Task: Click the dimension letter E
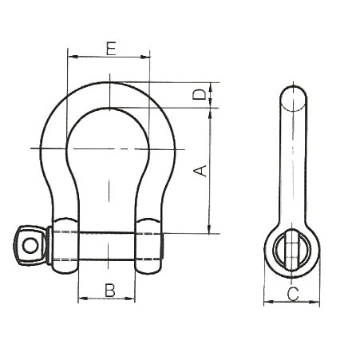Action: pyautogui.click(x=111, y=48)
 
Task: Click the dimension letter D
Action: pyautogui.click(x=200, y=94)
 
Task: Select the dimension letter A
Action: pyautogui.click(x=200, y=171)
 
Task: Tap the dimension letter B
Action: pyautogui.click(x=110, y=291)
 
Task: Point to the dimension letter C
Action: pyautogui.click(x=293, y=294)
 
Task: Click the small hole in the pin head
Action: pyautogui.click(x=30, y=246)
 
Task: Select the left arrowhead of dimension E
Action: pyautogui.click(x=73, y=57)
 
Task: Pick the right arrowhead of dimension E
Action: pyautogui.click(x=145, y=57)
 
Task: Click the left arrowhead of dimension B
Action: pyautogui.click(x=83, y=299)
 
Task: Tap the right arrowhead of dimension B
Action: pyautogui.click(x=130, y=299)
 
